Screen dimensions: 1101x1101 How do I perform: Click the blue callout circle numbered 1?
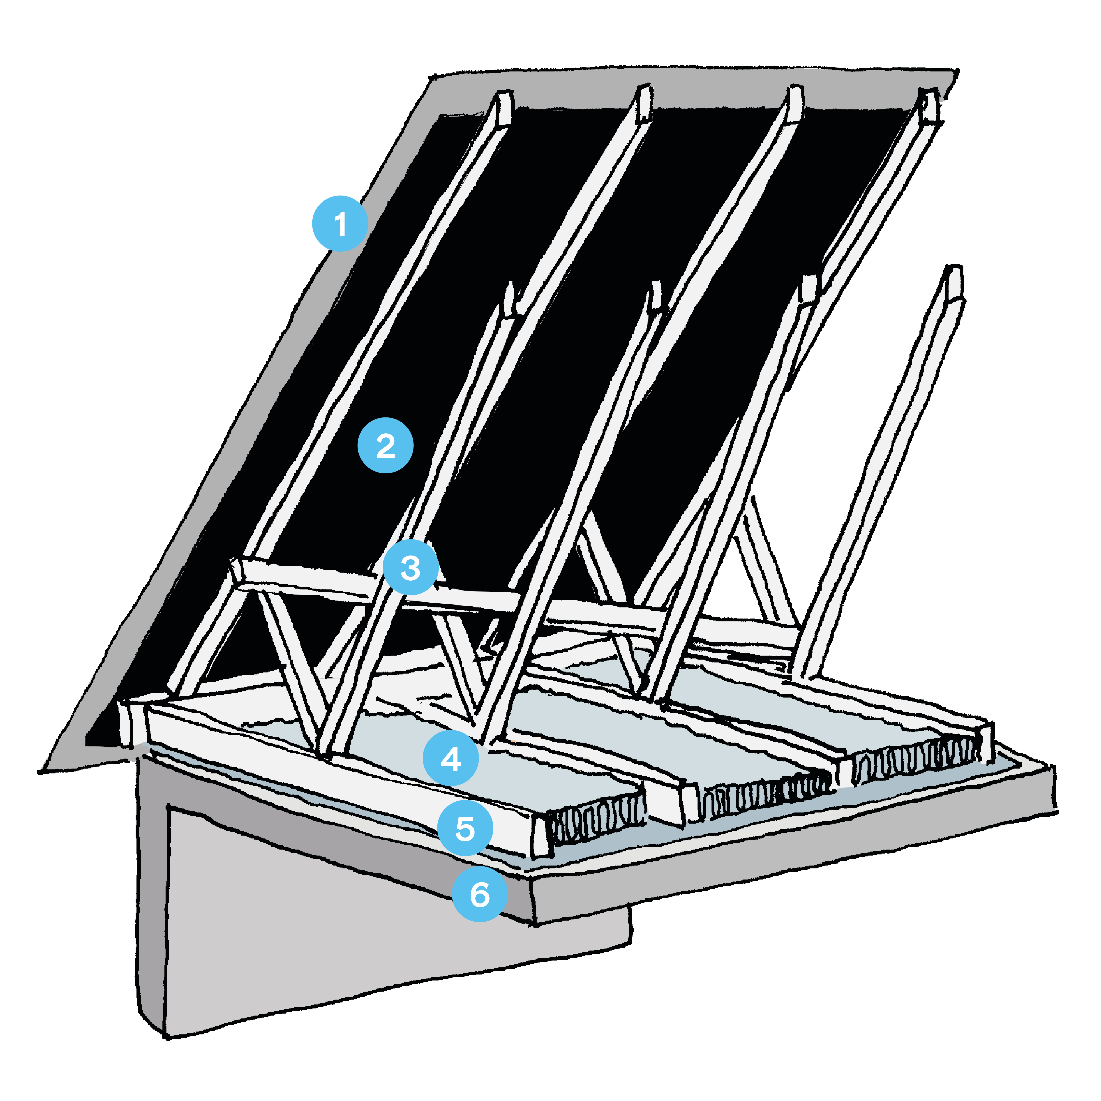tap(340, 223)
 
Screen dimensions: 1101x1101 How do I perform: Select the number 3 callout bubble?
tap(410, 568)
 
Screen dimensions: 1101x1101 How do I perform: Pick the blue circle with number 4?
tap(451, 759)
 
